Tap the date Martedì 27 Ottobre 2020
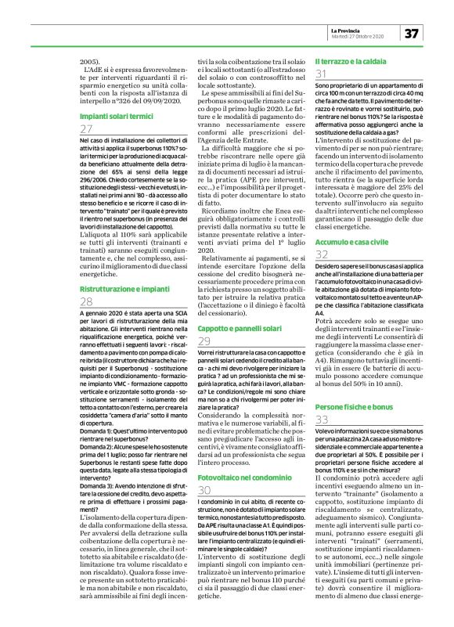(357, 36)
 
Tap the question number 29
(205, 341)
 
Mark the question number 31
(321, 74)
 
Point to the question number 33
(321, 421)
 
